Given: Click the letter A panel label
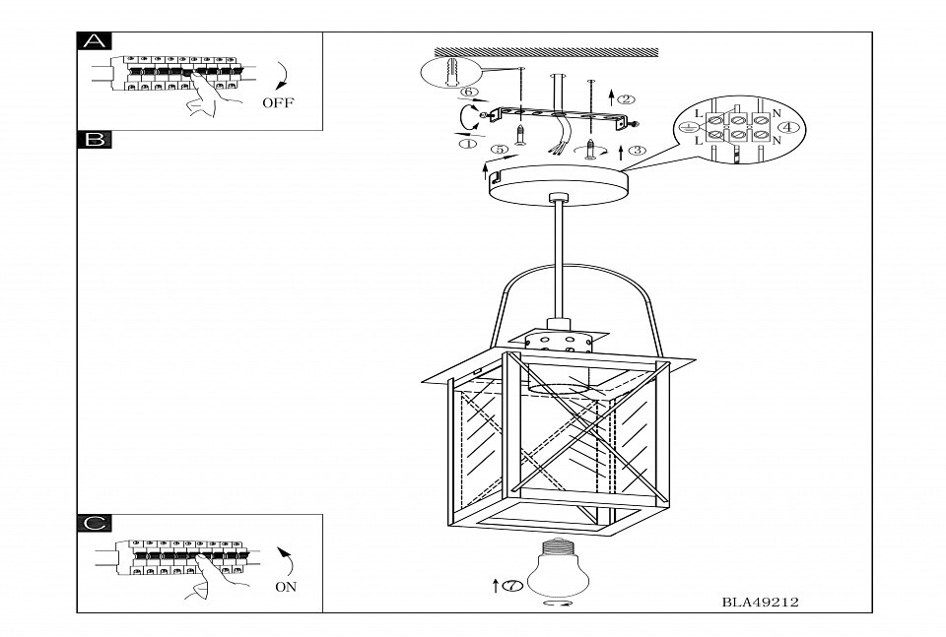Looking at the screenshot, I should point(95,41).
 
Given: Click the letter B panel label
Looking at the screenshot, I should point(95,140).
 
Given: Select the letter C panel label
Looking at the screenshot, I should point(95,523).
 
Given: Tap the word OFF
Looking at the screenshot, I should point(278,102).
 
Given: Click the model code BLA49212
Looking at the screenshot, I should point(759,601).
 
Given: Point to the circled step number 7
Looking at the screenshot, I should point(511,587).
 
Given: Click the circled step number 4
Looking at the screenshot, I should point(790,127).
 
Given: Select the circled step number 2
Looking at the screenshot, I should point(627,98).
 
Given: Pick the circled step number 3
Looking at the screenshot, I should point(637,151).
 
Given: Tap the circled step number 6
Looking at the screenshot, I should point(469,93).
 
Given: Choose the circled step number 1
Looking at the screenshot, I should point(467,144).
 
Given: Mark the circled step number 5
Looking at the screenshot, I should point(500,150).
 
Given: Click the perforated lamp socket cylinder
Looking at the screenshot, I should point(558,345).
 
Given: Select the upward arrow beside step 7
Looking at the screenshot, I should point(495,587).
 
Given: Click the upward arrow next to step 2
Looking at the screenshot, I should point(612,97).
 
